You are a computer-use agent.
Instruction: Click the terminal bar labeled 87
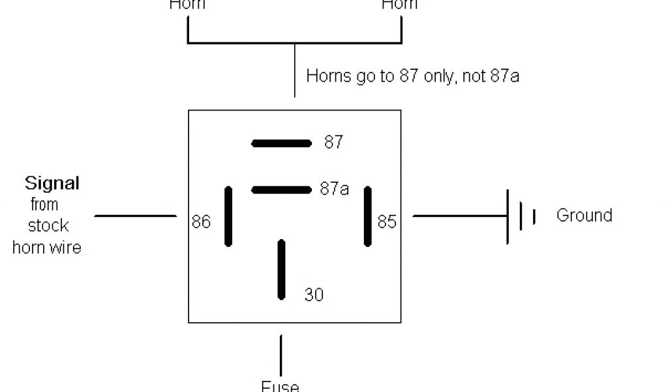coord(282,143)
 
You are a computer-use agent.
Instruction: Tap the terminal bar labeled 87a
coord(282,190)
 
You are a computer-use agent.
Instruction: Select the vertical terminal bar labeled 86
coord(228,216)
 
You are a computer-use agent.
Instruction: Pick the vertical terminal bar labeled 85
coord(368,216)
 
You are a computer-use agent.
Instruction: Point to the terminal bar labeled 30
coord(282,269)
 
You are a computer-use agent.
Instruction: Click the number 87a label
coord(334,189)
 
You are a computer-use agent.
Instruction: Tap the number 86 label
coord(201,222)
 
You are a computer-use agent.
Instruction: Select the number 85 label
coord(387,222)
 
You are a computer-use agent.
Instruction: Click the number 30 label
coord(314,295)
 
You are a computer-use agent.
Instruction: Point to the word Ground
coord(584,215)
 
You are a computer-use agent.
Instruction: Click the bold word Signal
coord(52,183)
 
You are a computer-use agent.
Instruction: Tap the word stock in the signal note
coord(48,226)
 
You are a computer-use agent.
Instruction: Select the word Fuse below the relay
coord(280,385)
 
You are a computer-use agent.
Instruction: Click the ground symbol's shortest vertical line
coord(534,216)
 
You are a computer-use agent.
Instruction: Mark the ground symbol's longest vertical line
coord(508,216)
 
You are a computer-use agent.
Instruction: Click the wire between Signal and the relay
coord(136,216)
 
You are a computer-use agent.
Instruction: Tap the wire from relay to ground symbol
coord(460,216)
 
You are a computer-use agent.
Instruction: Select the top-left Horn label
coord(187,5)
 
